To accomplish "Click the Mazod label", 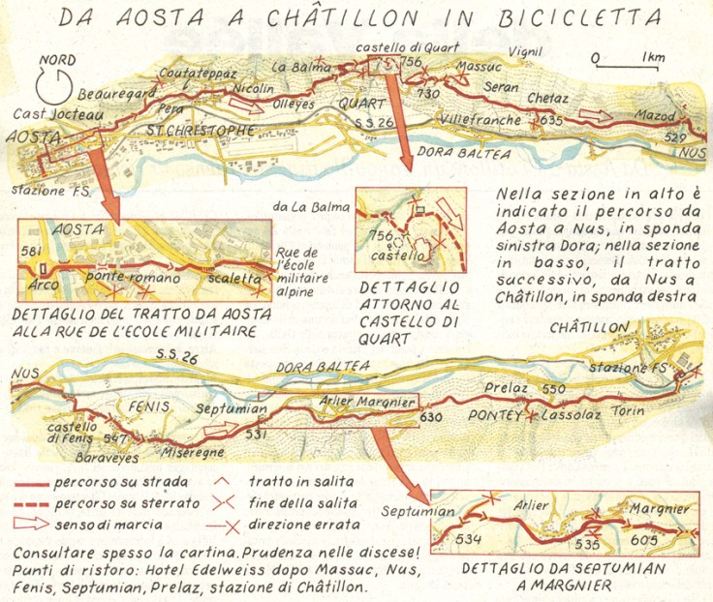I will [654, 115].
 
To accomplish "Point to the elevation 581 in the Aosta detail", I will [33, 252].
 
